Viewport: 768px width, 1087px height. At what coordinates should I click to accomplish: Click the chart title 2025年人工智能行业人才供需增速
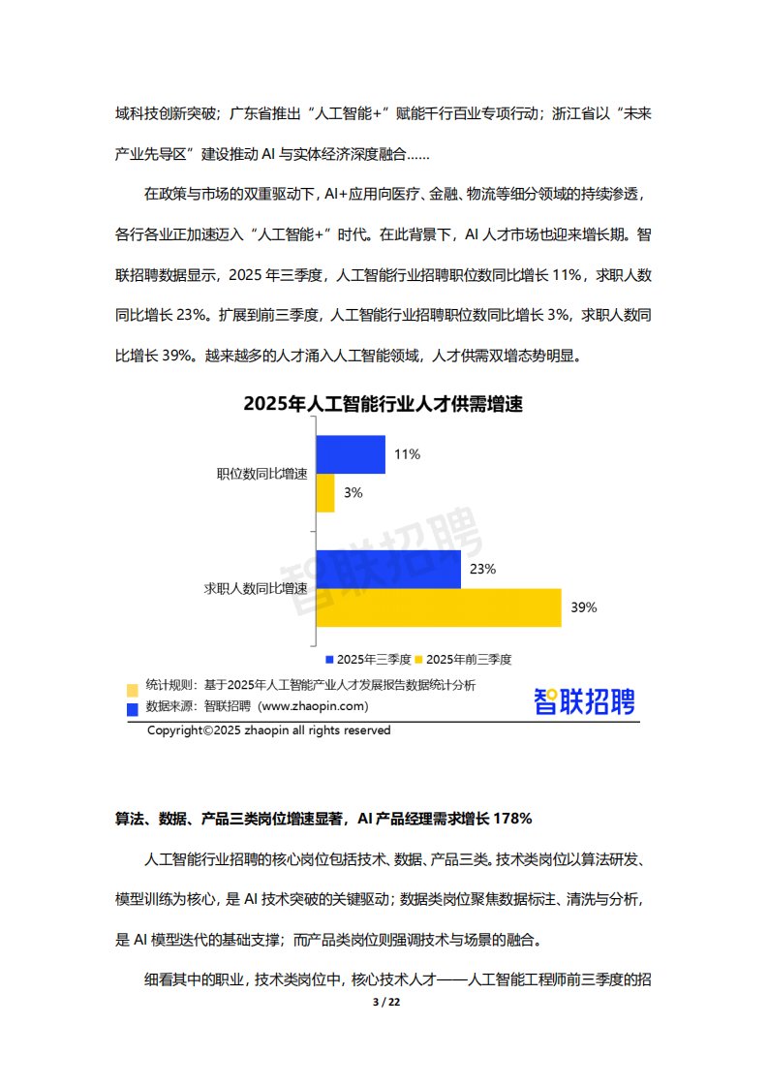383,405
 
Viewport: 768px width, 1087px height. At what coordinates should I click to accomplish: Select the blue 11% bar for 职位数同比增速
351,454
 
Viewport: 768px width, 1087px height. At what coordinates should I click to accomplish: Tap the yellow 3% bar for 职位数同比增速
325,493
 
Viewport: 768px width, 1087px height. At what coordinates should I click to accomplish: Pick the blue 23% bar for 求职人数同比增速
388,570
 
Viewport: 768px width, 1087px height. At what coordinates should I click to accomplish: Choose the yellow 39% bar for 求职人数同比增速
439,607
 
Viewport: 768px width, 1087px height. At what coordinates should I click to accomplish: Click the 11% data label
407,454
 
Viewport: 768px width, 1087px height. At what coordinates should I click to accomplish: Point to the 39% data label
584,608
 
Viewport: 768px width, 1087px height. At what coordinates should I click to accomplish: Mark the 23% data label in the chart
482,570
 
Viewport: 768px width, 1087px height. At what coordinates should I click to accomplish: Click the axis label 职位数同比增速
261,474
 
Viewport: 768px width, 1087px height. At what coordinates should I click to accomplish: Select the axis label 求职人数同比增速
256,588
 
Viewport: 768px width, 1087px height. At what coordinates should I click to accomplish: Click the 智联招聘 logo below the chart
584,701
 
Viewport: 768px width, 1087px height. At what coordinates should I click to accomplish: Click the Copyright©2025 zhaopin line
268,730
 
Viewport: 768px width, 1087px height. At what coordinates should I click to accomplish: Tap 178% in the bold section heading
511,819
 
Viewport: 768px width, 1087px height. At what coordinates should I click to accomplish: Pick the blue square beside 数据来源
132,709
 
